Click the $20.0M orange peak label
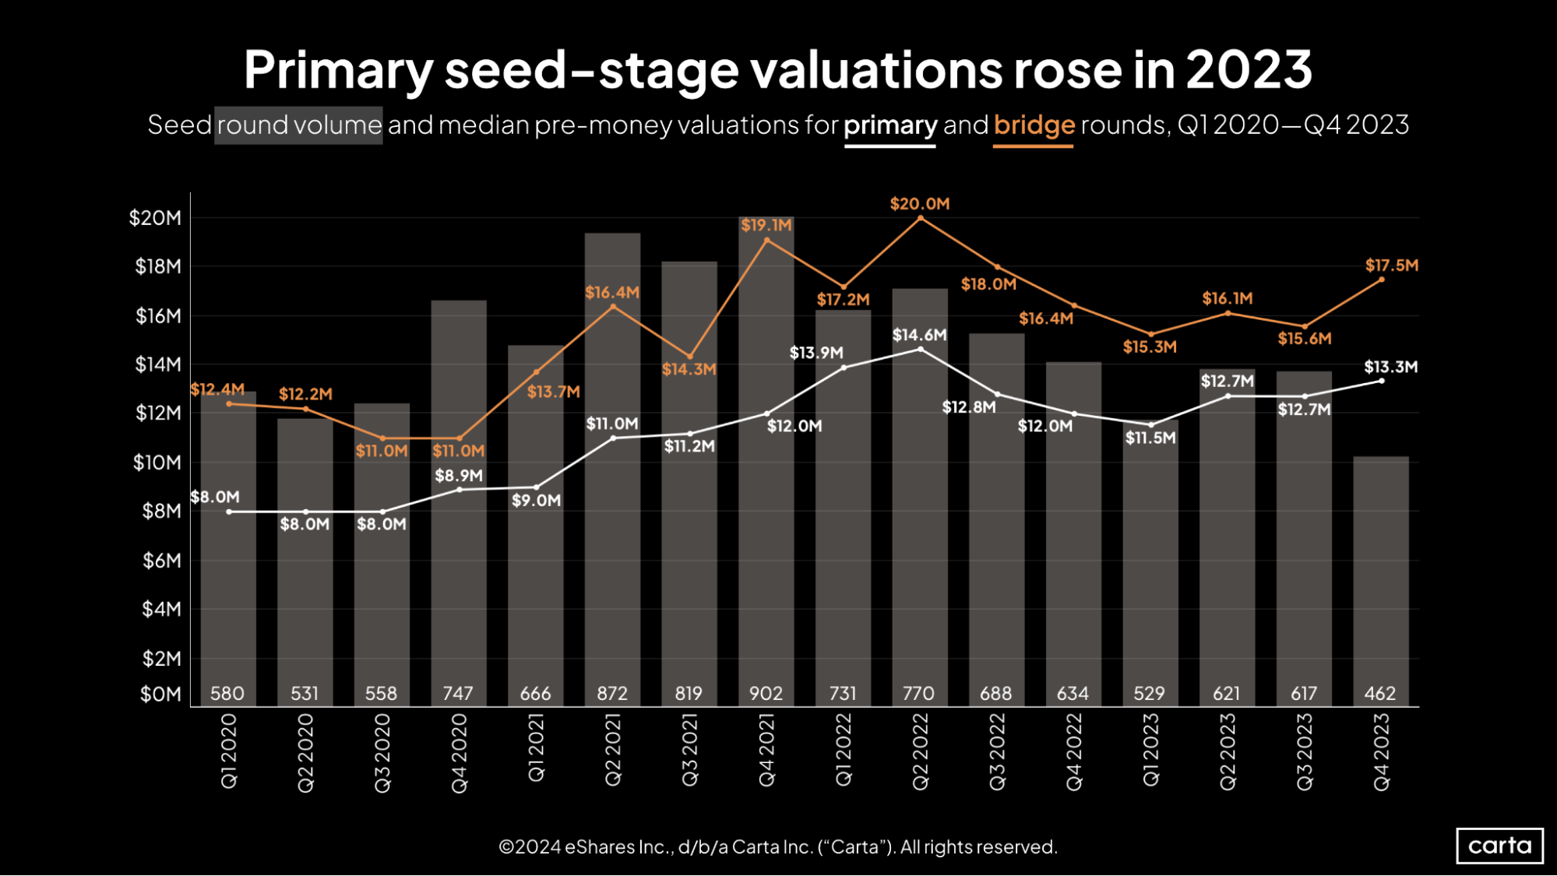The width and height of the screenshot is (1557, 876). [x=919, y=204]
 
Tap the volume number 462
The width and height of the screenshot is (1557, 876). [x=1379, y=693]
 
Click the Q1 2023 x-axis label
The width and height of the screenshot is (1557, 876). [x=1150, y=751]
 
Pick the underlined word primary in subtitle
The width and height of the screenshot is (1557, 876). [x=889, y=125]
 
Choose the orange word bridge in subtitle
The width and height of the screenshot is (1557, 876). [x=1034, y=125]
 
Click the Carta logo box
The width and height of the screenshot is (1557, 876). [x=1499, y=846]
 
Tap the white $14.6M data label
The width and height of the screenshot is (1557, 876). [x=919, y=335]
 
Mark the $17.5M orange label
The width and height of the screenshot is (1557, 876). [x=1391, y=266]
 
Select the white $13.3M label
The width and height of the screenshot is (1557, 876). [x=1390, y=367]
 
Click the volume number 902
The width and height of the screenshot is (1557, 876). [x=766, y=693]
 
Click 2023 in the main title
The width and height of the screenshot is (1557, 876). [x=1249, y=70]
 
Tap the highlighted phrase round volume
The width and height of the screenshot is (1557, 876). [x=298, y=125]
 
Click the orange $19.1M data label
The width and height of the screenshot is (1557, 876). [x=766, y=226]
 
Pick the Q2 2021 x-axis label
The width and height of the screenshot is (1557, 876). [x=612, y=751]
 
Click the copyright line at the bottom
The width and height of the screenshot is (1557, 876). [x=777, y=846]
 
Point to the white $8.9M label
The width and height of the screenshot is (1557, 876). [x=458, y=475]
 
